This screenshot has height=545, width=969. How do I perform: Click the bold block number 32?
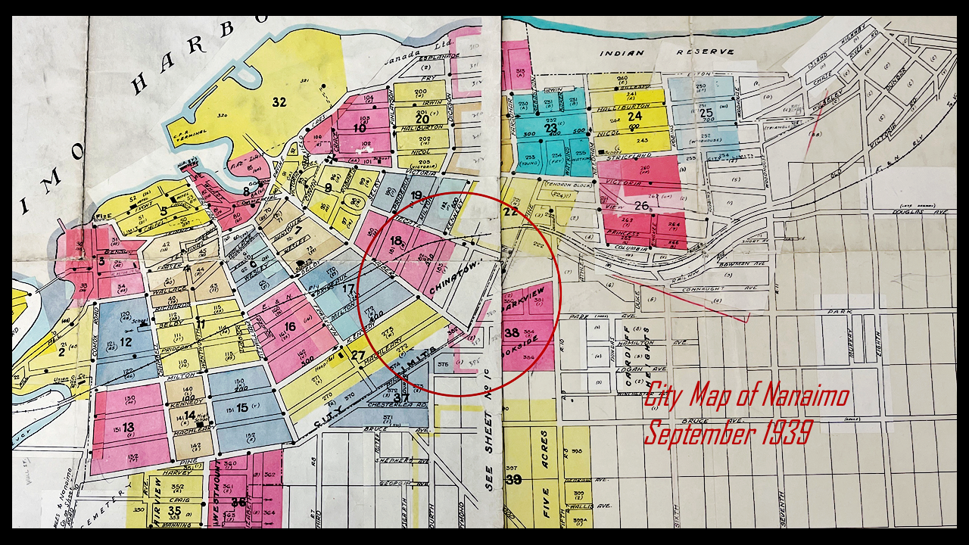click(x=279, y=102)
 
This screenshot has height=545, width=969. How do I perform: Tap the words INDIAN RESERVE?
click(x=666, y=52)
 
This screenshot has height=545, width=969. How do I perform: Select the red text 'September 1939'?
click(x=728, y=433)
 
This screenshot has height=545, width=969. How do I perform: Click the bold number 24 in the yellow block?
click(x=634, y=116)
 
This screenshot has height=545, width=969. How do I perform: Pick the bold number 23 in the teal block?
click(x=550, y=128)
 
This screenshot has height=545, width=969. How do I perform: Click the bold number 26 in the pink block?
click(x=641, y=205)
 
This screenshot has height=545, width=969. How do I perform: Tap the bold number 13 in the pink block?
click(x=128, y=428)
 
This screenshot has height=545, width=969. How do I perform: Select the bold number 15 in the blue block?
click(x=242, y=407)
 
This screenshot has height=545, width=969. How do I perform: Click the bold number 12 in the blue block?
click(x=126, y=341)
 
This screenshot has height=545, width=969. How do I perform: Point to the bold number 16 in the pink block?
click(x=289, y=326)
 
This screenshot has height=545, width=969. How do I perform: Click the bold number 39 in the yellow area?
click(x=513, y=480)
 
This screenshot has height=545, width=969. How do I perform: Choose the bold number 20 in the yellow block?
click(x=422, y=119)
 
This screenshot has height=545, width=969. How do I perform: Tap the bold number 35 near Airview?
click(x=174, y=511)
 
